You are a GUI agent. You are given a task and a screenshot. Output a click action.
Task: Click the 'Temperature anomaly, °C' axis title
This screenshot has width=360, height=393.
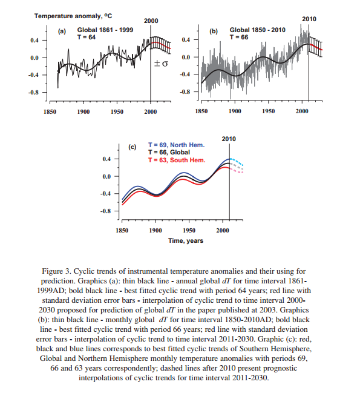tap(73, 16)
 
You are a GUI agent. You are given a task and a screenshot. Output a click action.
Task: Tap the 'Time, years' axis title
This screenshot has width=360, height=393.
tap(186, 241)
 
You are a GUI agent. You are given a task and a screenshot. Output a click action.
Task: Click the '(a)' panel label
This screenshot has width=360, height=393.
tap(62, 31)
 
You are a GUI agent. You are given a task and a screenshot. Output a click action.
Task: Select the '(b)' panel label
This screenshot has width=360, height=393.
tap(214, 31)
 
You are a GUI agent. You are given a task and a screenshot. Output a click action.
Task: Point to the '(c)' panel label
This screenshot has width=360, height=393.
tap(132, 147)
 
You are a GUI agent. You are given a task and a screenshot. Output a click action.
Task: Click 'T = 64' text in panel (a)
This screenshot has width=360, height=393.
tap(87, 38)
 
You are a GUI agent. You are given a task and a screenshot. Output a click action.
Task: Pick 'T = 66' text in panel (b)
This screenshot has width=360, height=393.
tap(239, 38)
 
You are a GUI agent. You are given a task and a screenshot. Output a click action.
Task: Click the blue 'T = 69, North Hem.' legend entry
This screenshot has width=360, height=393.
tap(177, 145)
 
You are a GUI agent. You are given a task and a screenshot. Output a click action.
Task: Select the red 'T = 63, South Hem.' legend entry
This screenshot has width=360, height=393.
tap(177, 160)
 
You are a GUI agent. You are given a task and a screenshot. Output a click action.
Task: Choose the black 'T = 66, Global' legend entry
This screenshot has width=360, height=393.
tap(169, 153)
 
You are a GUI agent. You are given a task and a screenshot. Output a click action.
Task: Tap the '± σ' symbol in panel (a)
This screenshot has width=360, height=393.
tap(161, 64)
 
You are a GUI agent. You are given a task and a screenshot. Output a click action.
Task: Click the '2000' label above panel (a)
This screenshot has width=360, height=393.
tap(151, 21)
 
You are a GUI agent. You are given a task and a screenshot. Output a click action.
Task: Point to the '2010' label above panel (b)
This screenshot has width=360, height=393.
tap(309, 19)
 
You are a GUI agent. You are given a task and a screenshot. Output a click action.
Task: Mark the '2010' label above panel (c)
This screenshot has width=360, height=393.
tap(229, 139)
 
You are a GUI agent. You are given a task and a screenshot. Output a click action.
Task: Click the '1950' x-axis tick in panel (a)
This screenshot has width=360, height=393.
tap(117, 112)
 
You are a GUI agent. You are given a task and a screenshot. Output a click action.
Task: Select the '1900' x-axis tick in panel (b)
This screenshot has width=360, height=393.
tap(235, 111)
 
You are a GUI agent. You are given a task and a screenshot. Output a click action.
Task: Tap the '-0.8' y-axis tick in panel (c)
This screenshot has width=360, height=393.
tap(105, 211)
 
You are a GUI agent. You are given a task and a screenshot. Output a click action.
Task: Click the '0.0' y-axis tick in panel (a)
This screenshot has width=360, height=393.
tap(34, 58)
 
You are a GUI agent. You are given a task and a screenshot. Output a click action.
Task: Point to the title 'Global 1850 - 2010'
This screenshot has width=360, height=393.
tap(258, 30)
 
